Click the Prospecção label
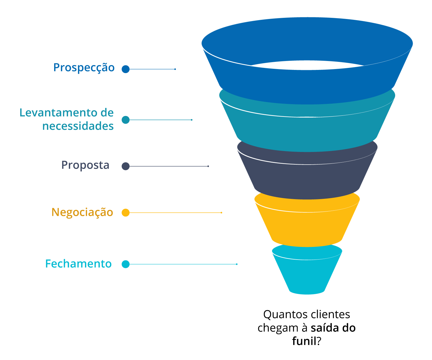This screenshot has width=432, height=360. pos(84,68)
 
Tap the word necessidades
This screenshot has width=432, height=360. pos(78,126)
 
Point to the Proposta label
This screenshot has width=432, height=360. pos(85,165)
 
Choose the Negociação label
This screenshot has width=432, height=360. pos(82,212)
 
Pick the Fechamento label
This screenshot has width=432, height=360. pos(78,264)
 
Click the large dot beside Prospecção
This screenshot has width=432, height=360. pos(126,69)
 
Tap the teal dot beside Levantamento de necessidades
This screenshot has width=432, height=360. pos(126,120)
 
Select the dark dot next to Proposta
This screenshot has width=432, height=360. pos(126,166)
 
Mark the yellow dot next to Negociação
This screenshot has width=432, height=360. pos(126,213)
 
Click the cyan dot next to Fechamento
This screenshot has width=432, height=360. pos(126,264)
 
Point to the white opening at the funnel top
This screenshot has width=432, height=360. pos(308,65)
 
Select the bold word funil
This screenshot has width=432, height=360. pos(304,341)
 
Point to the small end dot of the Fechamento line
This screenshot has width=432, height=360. pos(237,264)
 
